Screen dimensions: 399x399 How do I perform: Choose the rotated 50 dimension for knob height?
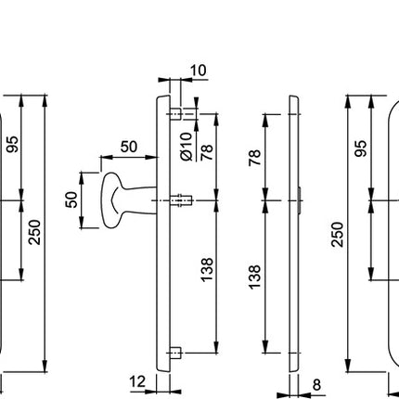71,199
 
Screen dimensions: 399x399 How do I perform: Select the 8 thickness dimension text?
316,382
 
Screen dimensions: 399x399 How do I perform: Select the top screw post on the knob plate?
178,114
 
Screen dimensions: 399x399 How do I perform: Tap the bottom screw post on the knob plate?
178,354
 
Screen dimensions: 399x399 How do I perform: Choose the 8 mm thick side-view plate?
293,232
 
